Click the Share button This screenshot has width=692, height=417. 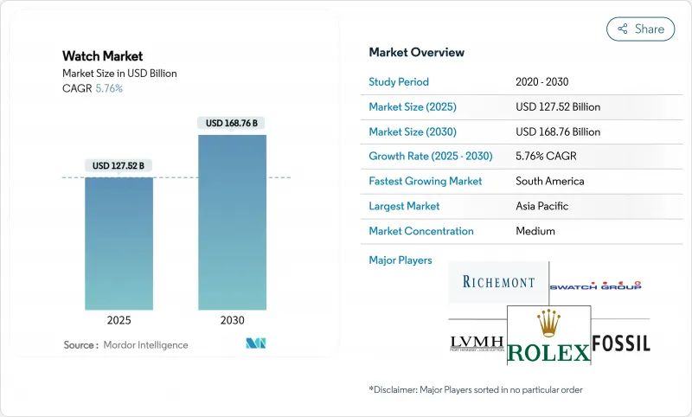(641, 29)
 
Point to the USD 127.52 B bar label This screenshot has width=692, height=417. (119, 165)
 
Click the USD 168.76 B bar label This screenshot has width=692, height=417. (232, 123)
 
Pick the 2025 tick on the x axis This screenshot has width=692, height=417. (119, 320)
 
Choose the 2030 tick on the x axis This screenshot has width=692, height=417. (232, 320)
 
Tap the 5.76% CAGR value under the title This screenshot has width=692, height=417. (108, 88)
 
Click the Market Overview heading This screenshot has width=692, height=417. (416, 52)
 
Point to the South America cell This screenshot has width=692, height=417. (549, 182)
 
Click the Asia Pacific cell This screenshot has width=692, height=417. (542, 206)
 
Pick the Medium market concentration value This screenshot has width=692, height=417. (535, 231)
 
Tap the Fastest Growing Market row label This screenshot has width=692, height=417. (426, 182)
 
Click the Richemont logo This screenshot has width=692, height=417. (498, 282)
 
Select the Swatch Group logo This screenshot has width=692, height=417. (596, 285)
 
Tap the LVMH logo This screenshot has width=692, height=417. (477, 343)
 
